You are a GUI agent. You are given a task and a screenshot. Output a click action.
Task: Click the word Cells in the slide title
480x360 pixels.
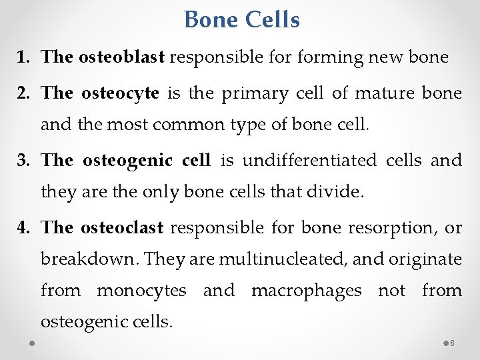(272, 20)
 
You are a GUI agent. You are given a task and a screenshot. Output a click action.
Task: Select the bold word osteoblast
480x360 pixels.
(121, 57)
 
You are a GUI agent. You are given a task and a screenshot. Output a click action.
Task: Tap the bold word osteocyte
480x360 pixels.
(120, 93)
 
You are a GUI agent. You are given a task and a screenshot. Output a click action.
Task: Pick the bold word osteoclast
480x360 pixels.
(122, 228)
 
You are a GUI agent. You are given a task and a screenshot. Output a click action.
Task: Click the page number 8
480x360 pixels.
(452, 343)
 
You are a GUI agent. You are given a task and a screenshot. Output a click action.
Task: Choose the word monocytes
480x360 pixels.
(141, 291)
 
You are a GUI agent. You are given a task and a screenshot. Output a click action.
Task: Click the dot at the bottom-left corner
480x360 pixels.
(32, 343)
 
